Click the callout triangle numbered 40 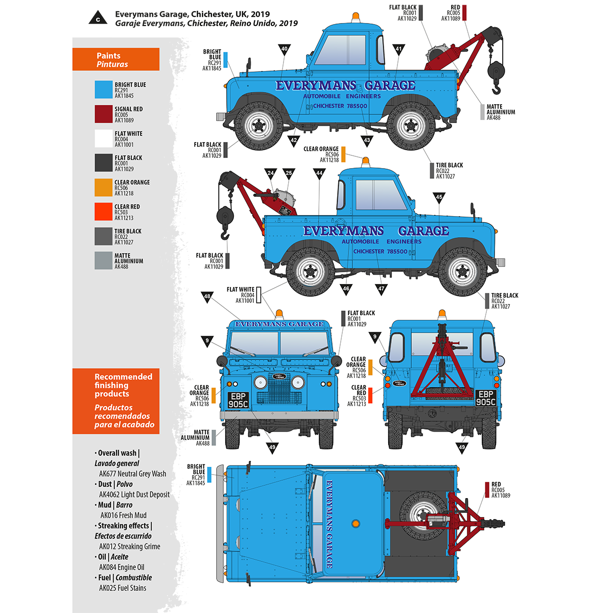point(285,50)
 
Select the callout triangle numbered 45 point(439,197)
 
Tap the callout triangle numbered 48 point(207,297)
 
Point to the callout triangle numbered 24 point(271,174)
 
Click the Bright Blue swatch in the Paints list point(103,90)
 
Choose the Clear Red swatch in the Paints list point(103,211)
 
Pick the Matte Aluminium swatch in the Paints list point(103,261)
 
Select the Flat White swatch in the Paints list point(103,138)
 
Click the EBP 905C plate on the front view point(238,400)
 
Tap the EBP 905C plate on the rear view point(485,398)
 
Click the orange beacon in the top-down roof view point(355,524)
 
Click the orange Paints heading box point(116,60)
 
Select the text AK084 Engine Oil point(122,567)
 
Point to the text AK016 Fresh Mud point(123,515)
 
